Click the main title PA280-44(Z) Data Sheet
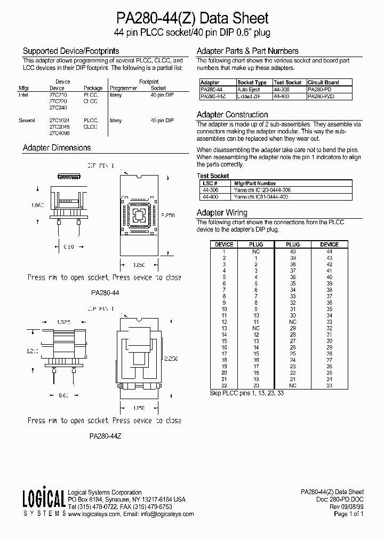point(192,19)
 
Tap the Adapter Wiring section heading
point(222,212)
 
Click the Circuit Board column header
point(323,83)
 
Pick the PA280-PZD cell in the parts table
point(321,96)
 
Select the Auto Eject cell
point(249,90)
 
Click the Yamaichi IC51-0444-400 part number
point(261,197)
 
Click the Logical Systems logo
point(43,502)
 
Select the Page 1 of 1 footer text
point(348,514)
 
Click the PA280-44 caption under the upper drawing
point(105,292)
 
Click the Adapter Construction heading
point(232,115)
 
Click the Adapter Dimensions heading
point(57,148)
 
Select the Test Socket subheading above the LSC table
point(213,176)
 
